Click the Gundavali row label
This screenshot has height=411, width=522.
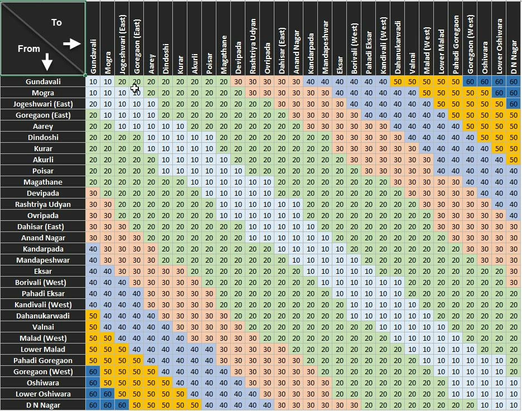pos(43,82)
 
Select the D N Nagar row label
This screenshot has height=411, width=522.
pos(43,405)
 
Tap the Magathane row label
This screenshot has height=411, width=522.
pos(43,182)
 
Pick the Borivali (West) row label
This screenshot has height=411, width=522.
pos(43,283)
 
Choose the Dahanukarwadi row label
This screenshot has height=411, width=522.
pos(43,316)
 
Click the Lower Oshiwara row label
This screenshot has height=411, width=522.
pos(43,394)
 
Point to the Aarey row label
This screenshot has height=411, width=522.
pos(43,127)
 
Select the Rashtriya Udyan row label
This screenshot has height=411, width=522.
pos(43,205)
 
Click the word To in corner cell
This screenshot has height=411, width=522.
pos(56,22)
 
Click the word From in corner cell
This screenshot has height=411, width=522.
pos(29,49)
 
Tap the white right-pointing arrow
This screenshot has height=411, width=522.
pos(72,43)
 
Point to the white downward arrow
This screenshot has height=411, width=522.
pos(47,62)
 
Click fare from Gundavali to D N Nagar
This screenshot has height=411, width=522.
pos(514,82)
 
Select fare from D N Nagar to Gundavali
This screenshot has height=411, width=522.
pos(93,405)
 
